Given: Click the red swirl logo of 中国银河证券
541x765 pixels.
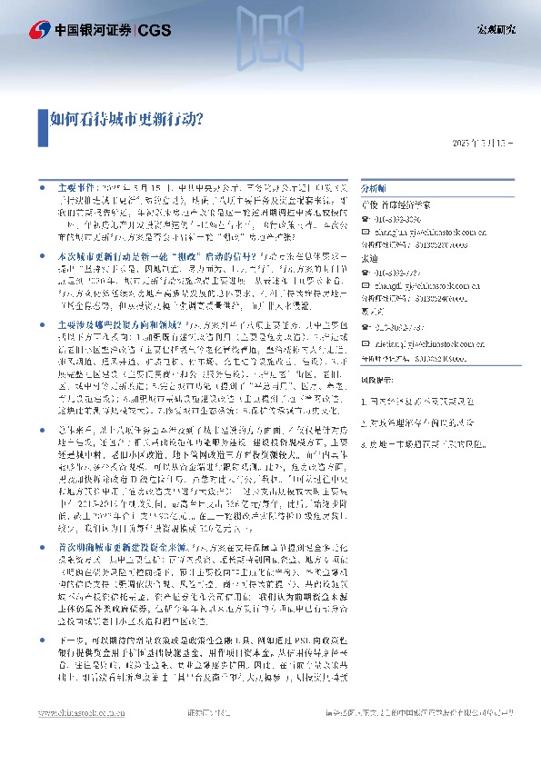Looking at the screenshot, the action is pyautogui.click(x=38, y=30).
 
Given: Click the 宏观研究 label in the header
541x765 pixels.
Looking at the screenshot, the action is pyautogui.click(x=496, y=30).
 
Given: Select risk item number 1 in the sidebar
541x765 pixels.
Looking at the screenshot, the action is pyautogui.click(x=417, y=400).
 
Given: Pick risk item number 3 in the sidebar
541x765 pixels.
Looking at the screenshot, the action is pyautogui.click(x=417, y=444).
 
